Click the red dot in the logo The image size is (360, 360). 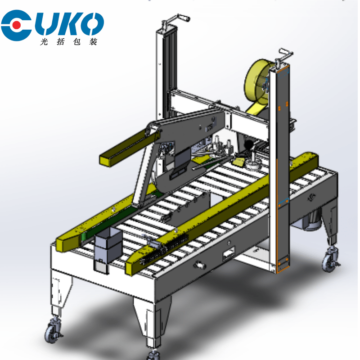coord(16,25)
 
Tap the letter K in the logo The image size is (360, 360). coord(68,24)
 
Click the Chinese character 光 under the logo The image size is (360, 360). coord(44,41)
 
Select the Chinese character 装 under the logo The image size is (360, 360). coord(93,41)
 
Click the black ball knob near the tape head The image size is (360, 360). coord(249,145)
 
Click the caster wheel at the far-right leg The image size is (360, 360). coord(329,260)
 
